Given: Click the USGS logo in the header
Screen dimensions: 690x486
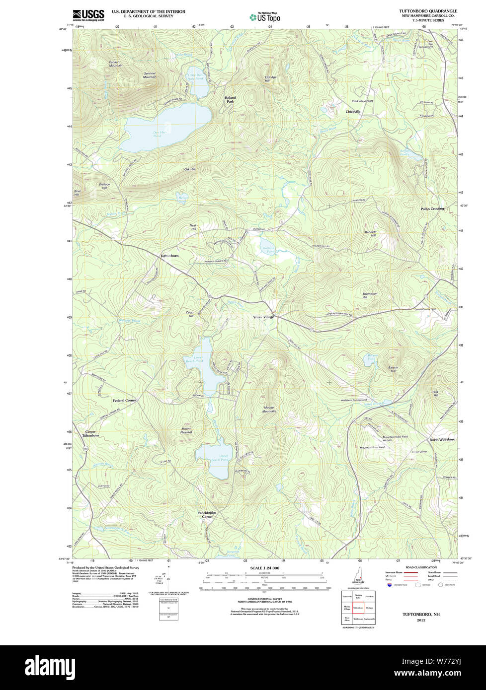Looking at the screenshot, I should click(x=88, y=15).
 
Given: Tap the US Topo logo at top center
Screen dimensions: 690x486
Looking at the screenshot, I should click(x=265, y=17).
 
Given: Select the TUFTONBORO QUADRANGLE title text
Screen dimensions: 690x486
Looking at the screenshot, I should click(x=428, y=11).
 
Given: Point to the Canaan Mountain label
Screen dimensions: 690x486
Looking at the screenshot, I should click(x=115, y=64).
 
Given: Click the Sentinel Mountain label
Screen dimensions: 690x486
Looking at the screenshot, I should click(x=150, y=75).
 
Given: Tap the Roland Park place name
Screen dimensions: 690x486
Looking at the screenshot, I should click(x=230, y=99).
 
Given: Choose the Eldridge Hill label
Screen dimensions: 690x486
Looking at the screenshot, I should click(x=270, y=79).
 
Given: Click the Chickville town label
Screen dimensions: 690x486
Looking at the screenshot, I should click(x=353, y=112).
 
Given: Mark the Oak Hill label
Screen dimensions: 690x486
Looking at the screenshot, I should click(x=189, y=169).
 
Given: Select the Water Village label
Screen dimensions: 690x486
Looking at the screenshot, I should click(x=263, y=317).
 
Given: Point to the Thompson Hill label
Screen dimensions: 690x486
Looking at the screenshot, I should click(x=370, y=295).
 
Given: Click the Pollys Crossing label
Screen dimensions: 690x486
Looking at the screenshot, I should click(x=432, y=208).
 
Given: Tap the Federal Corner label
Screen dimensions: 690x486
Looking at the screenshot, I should click(x=124, y=400).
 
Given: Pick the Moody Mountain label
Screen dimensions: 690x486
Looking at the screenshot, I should click(x=269, y=409).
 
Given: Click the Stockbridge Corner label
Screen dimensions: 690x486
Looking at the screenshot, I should click(x=207, y=514).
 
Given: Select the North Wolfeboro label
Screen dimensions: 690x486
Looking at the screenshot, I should click(x=442, y=439).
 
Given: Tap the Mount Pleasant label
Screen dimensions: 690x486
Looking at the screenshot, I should click(x=186, y=430).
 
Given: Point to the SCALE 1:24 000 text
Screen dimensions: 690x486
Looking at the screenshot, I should click(x=264, y=568).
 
